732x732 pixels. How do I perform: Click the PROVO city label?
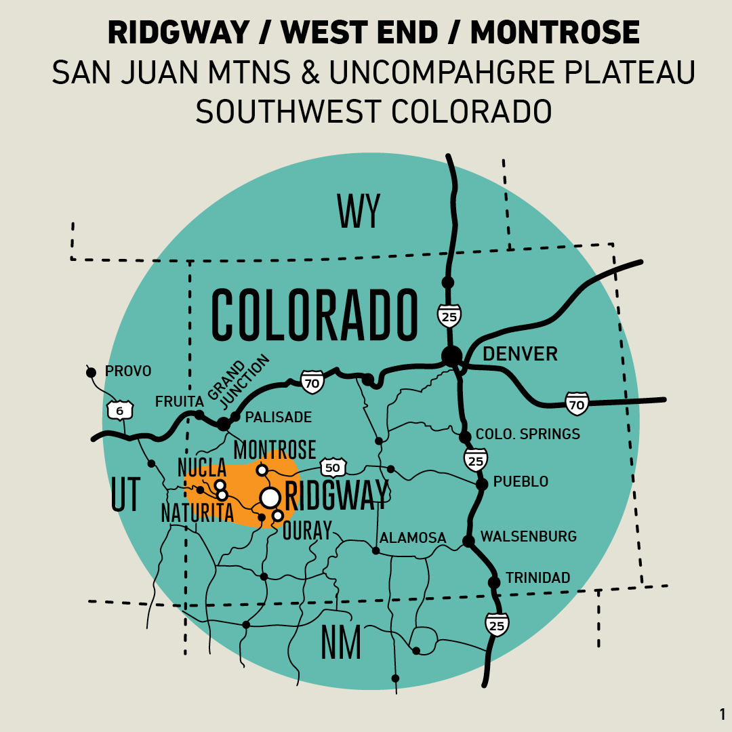click(x=128, y=371)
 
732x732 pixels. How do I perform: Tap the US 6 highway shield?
click(x=120, y=410)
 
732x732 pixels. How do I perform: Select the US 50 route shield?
click(x=333, y=467)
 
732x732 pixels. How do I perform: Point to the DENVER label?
click(x=520, y=354)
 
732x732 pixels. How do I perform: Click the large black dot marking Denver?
click(x=451, y=355)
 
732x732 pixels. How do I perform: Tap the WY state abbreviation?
click(x=359, y=211)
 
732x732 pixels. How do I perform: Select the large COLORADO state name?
click(x=314, y=316)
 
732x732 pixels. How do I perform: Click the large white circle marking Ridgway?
click(x=270, y=497)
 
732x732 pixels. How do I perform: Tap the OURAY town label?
click(x=307, y=530)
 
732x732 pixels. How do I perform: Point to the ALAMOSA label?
click(x=413, y=538)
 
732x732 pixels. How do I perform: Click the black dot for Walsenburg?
click(x=468, y=541)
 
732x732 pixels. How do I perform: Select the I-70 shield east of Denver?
click(x=577, y=403)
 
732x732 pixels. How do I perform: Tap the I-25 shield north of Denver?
click(x=449, y=315)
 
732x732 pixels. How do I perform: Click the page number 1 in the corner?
click(x=722, y=714)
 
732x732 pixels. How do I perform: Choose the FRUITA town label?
click(x=179, y=401)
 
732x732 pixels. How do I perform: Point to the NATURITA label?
click(x=197, y=513)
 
